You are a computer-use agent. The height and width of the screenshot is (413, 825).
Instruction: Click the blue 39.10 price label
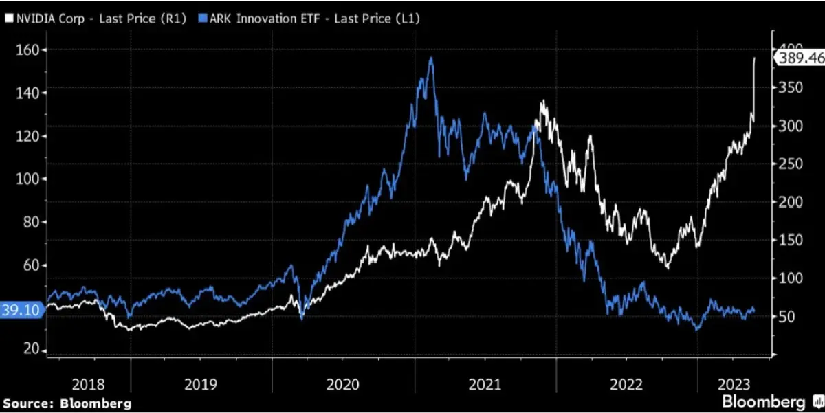click(21, 311)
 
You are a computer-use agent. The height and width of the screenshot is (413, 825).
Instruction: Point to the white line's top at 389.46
click(755, 58)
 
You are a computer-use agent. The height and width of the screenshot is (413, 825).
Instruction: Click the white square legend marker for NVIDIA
click(8, 19)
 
